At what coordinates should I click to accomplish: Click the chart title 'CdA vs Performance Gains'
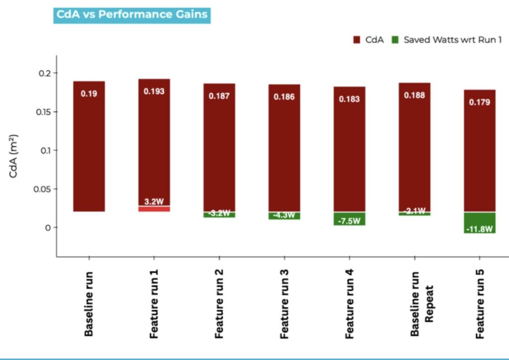(x=132, y=14)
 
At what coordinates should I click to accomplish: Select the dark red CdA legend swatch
(x=356, y=40)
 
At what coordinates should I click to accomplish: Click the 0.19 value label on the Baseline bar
(x=89, y=93)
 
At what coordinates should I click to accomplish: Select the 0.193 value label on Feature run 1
(x=154, y=91)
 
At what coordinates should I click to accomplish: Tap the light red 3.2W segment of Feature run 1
(x=154, y=209)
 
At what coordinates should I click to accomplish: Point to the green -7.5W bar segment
(x=349, y=219)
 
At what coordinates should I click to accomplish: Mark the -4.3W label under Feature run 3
(x=284, y=216)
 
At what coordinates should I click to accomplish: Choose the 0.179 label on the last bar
(x=480, y=102)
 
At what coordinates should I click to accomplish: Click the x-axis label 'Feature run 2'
(x=219, y=303)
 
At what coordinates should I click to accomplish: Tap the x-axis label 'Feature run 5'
(x=480, y=303)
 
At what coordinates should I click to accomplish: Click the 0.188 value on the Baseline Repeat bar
(x=415, y=95)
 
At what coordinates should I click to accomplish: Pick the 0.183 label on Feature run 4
(x=349, y=99)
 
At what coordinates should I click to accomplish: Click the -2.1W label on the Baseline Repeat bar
(x=415, y=211)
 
